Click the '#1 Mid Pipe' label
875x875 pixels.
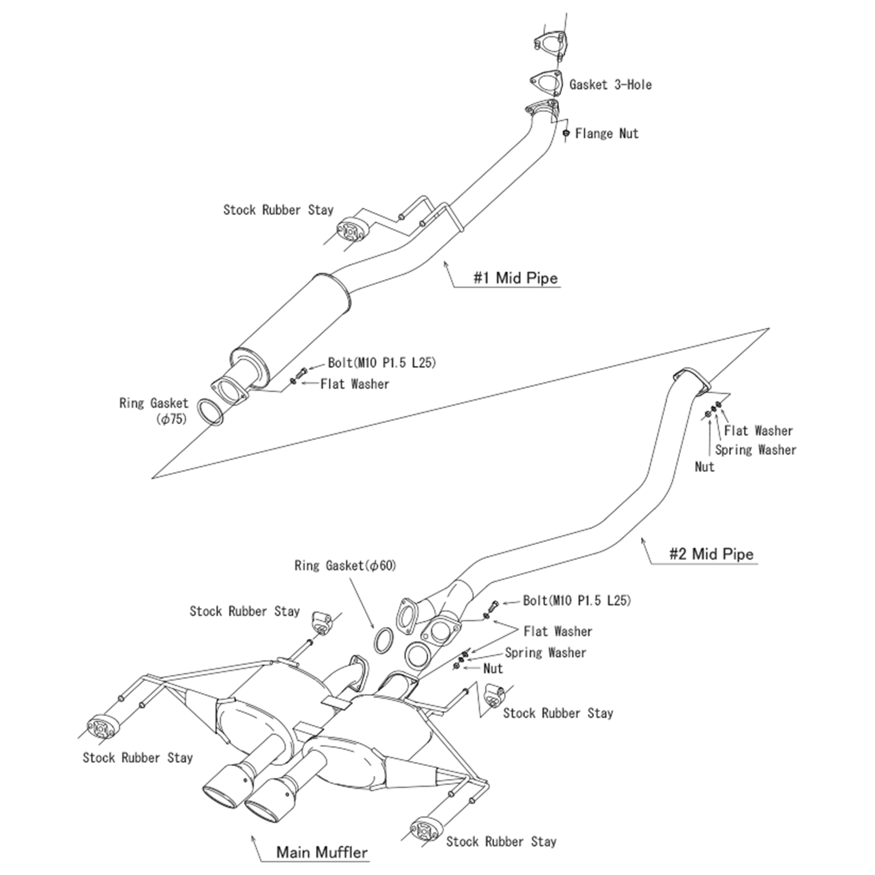click(515, 278)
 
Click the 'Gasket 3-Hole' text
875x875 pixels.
click(610, 85)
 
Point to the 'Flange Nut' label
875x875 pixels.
click(606, 134)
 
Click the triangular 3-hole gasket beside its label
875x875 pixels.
click(546, 83)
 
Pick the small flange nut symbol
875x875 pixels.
click(565, 133)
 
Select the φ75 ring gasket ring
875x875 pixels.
click(211, 412)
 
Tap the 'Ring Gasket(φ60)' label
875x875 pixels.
click(345, 566)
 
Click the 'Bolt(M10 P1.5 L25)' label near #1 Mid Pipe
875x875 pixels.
click(382, 363)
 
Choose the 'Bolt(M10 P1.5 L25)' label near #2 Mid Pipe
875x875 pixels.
click(576, 601)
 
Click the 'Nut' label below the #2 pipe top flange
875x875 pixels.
click(704, 467)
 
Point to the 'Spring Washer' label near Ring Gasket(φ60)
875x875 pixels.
click(545, 653)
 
